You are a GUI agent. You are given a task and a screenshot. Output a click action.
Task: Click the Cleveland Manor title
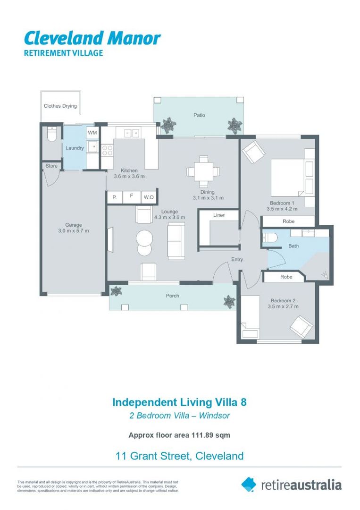(92, 38)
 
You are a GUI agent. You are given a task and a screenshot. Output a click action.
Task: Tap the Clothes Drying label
(60, 106)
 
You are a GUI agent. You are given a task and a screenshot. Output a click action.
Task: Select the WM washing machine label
(92, 133)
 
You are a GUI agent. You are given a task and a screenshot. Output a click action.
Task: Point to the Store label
(51, 166)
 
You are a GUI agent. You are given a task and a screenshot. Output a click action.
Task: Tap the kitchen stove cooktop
(107, 150)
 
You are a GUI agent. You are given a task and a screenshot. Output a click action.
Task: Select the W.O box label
(149, 197)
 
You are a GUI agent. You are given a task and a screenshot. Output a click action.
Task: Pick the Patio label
(199, 115)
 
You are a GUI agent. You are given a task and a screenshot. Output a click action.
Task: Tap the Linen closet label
(219, 215)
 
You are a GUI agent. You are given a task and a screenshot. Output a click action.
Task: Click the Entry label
(237, 259)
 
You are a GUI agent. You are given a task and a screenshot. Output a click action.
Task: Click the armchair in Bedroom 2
(301, 325)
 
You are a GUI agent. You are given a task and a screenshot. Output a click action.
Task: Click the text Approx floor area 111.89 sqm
(179, 435)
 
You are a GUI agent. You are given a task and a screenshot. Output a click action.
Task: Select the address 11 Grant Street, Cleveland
(179, 456)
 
